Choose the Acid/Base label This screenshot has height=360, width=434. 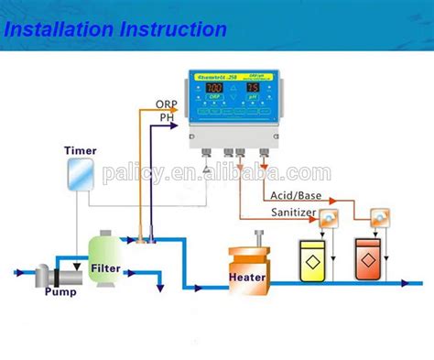coord(296,195)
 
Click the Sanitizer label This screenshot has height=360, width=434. coord(293,213)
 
